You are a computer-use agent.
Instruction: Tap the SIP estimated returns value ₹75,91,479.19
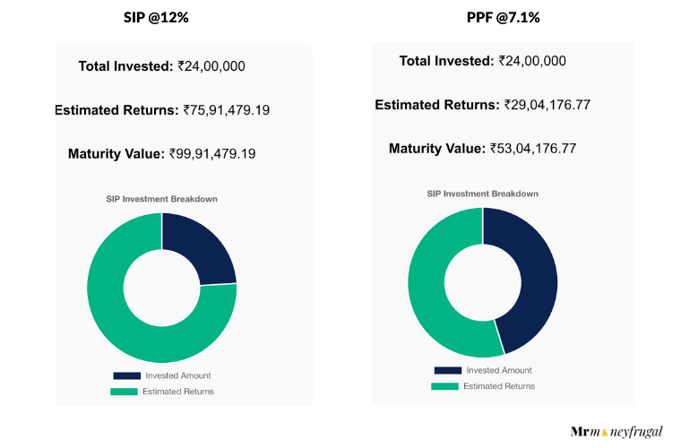tap(227, 110)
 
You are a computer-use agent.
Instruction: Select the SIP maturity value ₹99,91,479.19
tap(212, 153)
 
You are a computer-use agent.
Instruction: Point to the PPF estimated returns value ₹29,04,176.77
tap(547, 105)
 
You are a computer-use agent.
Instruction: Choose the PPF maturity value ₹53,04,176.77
tap(533, 148)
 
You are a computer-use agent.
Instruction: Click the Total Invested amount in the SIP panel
tap(211, 65)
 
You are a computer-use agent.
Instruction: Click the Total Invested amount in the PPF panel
tap(532, 61)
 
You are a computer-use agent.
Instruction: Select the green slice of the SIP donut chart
tap(134, 314)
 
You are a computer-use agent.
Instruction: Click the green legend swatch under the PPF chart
tap(445, 386)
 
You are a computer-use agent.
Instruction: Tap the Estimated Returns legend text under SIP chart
tap(178, 392)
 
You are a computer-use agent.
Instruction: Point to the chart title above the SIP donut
tap(162, 199)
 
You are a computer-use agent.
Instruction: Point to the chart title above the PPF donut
tap(482, 194)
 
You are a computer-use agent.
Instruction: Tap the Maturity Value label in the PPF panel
tap(437, 148)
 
